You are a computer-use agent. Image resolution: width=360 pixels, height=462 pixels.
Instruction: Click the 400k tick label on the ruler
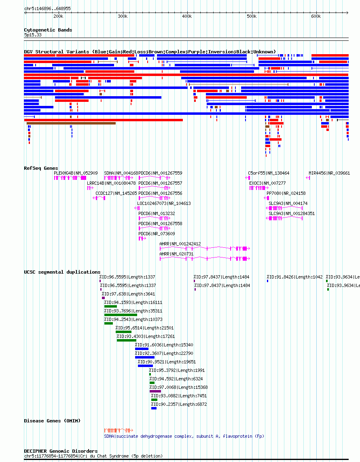pyautogui.click(x=187, y=17)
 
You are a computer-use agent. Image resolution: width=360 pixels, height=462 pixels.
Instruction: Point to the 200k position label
pyautogui.click(x=58, y=17)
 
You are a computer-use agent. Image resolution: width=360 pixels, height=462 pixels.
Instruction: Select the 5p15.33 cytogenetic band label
pyautogui.click(x=33, y=35)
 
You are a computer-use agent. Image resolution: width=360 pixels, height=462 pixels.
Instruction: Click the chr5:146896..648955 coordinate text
pyautogui.click(x=47, y=9)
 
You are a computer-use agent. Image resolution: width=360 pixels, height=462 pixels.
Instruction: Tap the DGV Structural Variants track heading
pyautogui.click(x=150, y=52)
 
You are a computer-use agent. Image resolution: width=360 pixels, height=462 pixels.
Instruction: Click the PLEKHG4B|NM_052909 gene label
pyautogui.click(x=76, y=173)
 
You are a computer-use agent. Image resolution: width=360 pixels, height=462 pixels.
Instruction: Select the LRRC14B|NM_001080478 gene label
pyautogui.click(x=112, y=183)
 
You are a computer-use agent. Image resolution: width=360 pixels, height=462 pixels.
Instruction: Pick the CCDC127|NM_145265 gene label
pyautogui.click(x=116, y=193)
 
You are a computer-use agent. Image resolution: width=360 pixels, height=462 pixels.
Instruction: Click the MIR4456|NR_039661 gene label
pyautogui.click(x=329, y=173)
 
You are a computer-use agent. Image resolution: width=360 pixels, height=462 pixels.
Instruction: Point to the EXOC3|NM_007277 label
pyautogui.click(x=267, y=183)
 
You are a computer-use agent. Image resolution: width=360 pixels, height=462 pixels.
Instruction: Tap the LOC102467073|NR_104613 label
pyautogui.click(x=164, y=203)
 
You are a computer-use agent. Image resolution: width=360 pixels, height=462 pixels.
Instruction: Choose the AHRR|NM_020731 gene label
pyautogui.click(x=176, y=254)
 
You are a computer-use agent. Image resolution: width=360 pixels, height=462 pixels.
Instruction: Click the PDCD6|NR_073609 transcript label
pyautogui.click(x=157, y=234)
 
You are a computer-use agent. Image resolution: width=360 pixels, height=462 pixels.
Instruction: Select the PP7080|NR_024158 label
pyautogui.click(x=286, y=193)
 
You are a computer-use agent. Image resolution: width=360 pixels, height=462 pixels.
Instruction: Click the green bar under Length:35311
pyautogui.click(x=121, y=315)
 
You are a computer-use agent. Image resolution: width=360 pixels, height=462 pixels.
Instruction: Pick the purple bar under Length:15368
pyautogui.click(x=155, y=391)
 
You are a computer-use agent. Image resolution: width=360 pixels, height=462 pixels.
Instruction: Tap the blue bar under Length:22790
pyautogui.click(x=145, y=357)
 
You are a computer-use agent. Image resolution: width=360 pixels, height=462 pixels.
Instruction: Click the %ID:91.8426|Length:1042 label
pyautogui.click(x=294, y=277)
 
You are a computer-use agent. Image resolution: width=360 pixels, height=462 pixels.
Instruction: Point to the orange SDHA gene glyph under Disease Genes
pyautogui.click(x=119, y=430)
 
